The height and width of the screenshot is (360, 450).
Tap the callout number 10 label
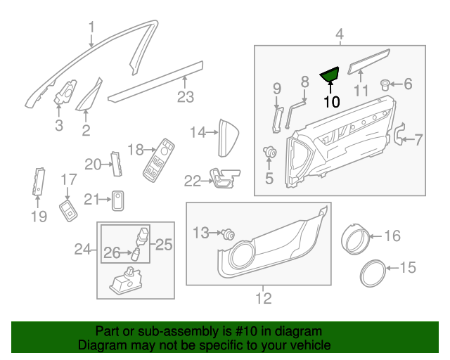point(332,101)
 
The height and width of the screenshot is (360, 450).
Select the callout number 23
point(185,97)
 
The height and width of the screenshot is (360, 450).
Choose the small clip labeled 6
point(385,85)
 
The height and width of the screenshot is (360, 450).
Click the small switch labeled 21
point(118,200)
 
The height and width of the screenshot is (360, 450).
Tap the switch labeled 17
point(69,210)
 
